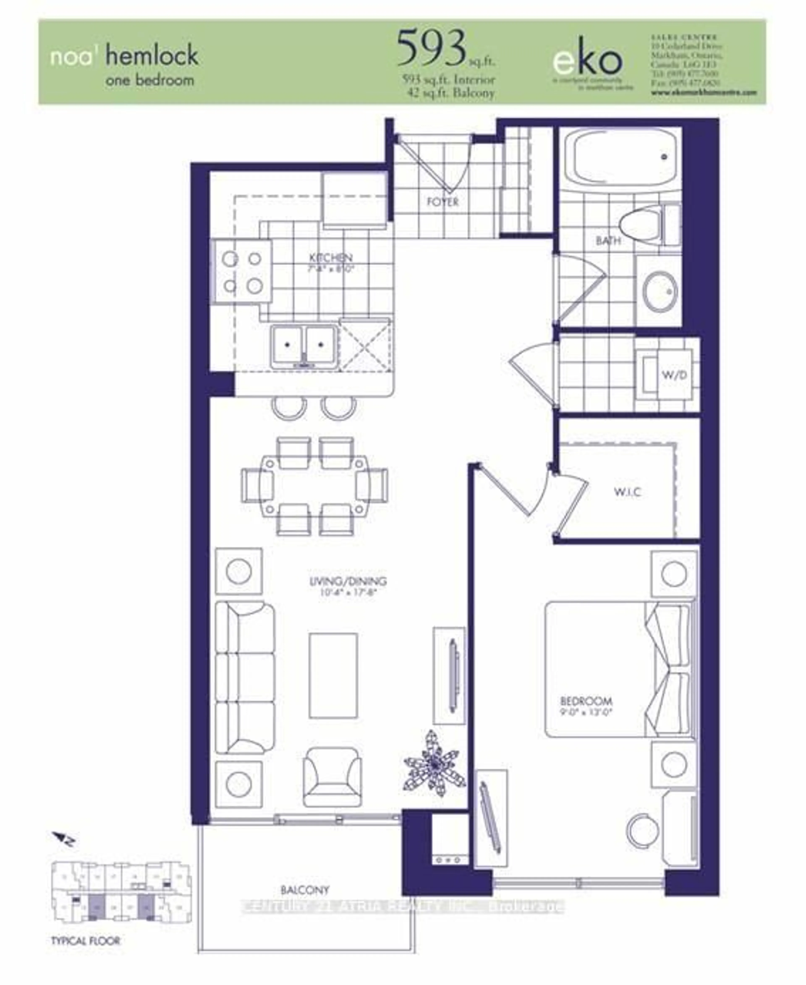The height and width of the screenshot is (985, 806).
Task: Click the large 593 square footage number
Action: [432, 48]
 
